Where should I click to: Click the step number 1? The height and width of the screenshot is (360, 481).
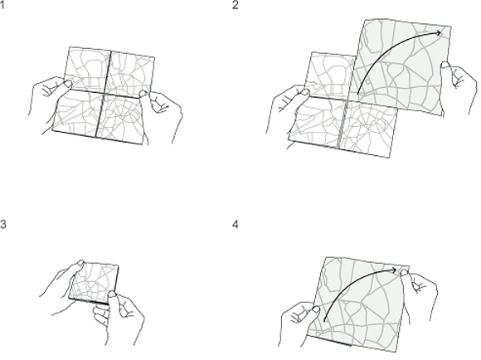point(2,5)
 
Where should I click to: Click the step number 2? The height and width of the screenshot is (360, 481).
point(235,5)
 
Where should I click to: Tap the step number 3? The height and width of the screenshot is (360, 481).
point(2,224)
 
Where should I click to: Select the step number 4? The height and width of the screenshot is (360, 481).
point(236,224)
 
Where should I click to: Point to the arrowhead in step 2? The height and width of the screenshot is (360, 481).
point(440,33)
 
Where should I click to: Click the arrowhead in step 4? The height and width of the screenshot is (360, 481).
point(395,270)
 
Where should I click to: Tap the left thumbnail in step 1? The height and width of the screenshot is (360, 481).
point(68,83)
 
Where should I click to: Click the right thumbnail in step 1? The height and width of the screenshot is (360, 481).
point(143,93)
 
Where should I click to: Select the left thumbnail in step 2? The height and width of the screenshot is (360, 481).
point(305,92)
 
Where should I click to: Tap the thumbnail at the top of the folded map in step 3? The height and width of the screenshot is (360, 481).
point(80,263)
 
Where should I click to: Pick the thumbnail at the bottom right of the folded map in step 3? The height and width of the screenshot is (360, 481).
point(112,294)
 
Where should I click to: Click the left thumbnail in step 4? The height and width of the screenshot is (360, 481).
point(315,309)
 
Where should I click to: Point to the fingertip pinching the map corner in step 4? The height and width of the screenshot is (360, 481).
point(405,272)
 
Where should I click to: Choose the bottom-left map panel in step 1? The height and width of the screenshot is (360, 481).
point(77,112)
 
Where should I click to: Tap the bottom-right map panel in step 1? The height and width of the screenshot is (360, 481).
point(121,118)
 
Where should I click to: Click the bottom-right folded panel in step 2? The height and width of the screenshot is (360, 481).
point(367,129)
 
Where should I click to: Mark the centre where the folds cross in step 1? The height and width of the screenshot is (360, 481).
point(104,92)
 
